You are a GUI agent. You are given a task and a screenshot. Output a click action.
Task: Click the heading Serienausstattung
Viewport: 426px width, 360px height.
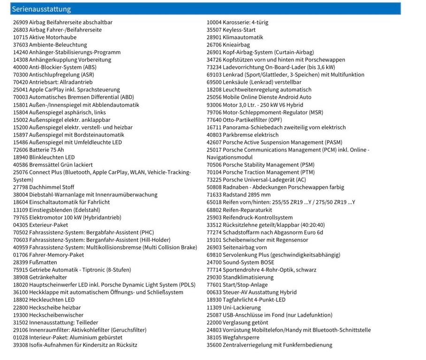pyautogui.click(x=41, y=9)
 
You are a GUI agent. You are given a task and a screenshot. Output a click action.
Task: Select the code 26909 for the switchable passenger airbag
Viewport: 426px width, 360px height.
pyautogui.click(x=20, y=22)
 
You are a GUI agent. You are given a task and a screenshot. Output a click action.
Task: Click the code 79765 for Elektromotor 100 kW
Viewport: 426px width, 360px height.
pyautogui.click(x=20, y=217)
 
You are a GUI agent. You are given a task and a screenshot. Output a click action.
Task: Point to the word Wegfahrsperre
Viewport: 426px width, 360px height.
pyautogui.click(x=241, y=337)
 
